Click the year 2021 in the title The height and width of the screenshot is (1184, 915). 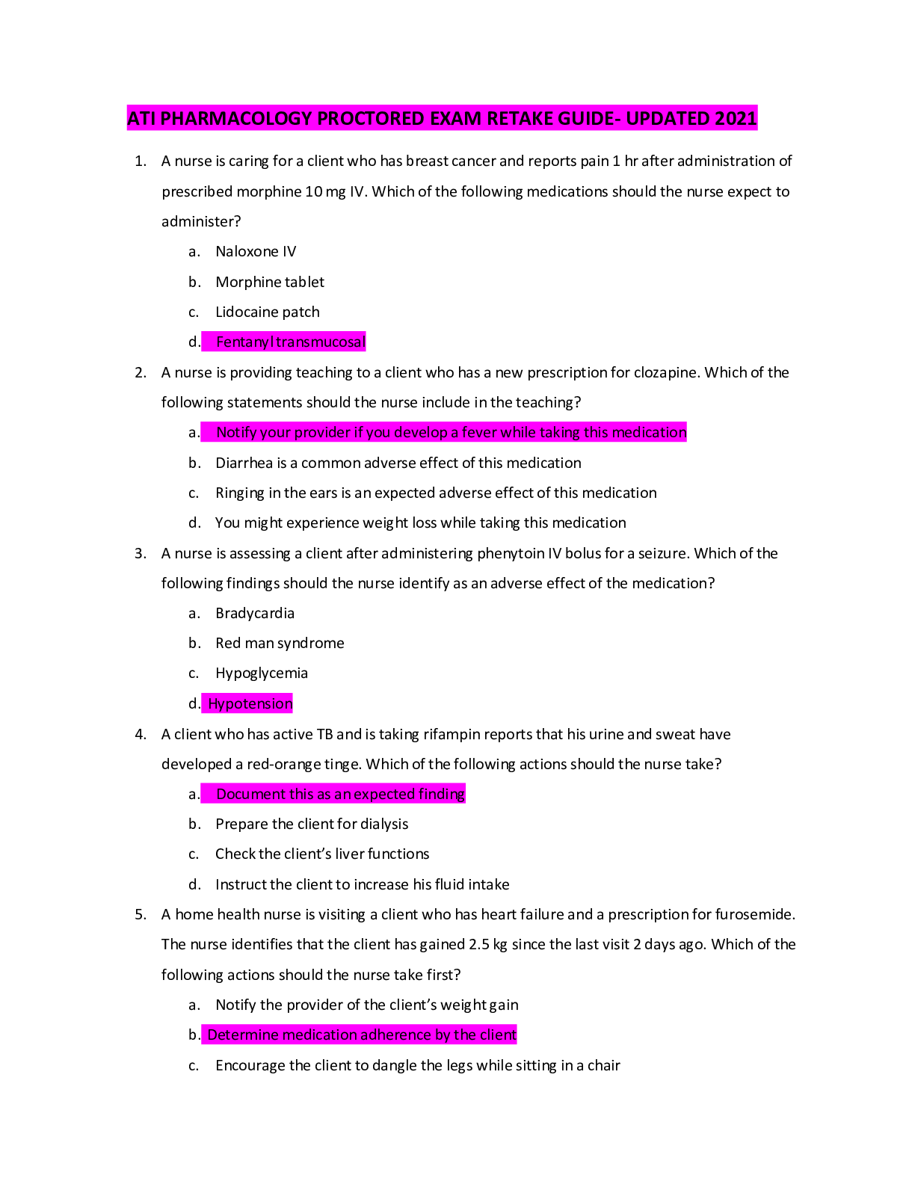pos(736,118)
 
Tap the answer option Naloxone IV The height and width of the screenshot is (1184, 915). pos(256,252)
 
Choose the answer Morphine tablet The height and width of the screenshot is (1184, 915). pos(270,282)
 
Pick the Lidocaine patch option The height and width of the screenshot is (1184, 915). pos(268,312)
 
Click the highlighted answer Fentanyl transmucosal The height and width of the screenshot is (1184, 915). pos(290,342)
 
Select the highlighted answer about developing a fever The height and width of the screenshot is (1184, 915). pos(451,432)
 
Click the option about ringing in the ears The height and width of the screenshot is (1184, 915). pos(436,493)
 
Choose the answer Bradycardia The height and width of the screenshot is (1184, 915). pos(255,613)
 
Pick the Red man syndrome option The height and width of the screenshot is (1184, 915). pos(280,643)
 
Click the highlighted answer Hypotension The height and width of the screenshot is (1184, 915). pos(250,703)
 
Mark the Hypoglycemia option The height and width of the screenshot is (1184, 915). pos(262,673)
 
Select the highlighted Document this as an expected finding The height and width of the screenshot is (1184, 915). pos(340,794)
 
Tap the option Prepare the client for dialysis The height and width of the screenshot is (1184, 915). pos(312,824)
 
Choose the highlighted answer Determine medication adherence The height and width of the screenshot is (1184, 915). pos(362,1035)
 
